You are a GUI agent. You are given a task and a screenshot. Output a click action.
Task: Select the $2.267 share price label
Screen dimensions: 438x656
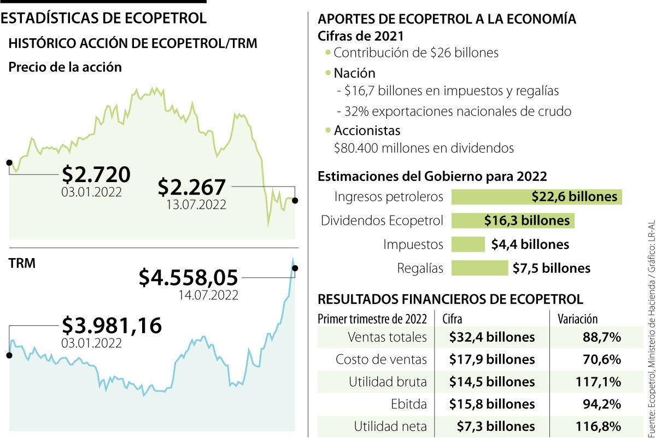[x=191, y=188]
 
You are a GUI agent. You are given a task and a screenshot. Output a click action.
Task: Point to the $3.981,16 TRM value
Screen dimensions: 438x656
[x=112, y=325]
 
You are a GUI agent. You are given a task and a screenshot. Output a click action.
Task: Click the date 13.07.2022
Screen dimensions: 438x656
[x=196, y=205]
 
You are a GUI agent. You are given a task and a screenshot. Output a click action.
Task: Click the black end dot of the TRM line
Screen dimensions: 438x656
[x=295, y=268]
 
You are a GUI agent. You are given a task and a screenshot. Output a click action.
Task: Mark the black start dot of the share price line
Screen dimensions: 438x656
[x=9, y=162]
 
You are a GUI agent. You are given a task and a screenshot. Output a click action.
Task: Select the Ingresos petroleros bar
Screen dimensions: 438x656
[x=536, y=197]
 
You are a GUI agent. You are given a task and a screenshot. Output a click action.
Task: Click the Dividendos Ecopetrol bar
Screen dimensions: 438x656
[x=512, y=220]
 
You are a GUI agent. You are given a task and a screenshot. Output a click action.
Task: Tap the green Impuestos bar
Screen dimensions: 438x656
[x=468, y=244]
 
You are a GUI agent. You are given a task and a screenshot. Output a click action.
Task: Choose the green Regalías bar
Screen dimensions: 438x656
[x=479, y=268]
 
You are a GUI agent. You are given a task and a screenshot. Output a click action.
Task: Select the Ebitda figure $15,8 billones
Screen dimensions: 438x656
[x=491, y=404]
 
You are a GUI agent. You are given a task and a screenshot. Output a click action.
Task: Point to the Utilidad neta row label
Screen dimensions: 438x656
[x=390, y=426]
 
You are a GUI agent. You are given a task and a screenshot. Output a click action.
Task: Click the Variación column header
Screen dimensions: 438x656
[x=577, y=319]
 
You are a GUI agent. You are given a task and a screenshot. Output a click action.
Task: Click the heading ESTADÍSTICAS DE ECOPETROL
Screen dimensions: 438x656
[x=104, y=18]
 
